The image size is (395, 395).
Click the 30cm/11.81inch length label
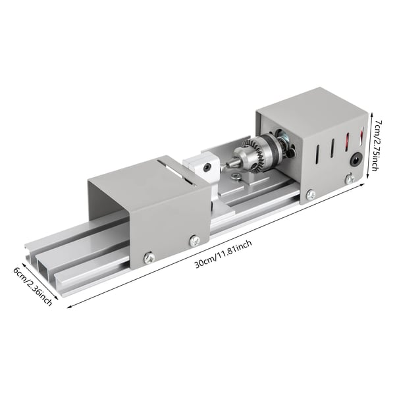point(223,254)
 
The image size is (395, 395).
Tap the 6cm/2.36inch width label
point(33,287)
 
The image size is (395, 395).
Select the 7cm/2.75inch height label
point(377,145)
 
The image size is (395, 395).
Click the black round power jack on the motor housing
point(356,160)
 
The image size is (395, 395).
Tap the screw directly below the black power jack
point(350,178)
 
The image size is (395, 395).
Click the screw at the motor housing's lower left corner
point(311,194)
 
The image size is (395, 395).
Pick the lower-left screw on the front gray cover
point(149,257)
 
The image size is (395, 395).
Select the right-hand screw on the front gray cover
point(194,240)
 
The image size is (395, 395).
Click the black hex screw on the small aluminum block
point(207,167)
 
